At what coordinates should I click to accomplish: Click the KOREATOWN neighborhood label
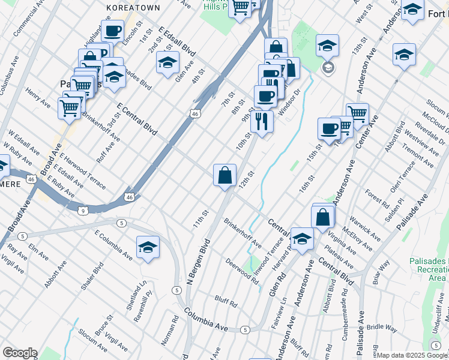133,7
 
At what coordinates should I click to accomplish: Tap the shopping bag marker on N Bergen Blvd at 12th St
224,175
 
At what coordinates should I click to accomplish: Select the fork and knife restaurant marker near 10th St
261,121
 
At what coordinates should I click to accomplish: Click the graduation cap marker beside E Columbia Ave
147,247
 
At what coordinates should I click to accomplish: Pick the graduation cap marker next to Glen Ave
167,62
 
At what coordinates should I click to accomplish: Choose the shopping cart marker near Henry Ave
70,108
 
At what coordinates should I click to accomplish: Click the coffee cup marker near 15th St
330,128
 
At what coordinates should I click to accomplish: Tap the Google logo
20,353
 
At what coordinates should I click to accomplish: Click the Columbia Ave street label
206,319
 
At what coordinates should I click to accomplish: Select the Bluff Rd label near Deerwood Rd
225,301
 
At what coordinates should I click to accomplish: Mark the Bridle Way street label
382,328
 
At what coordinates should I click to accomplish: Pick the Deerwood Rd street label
242,268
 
